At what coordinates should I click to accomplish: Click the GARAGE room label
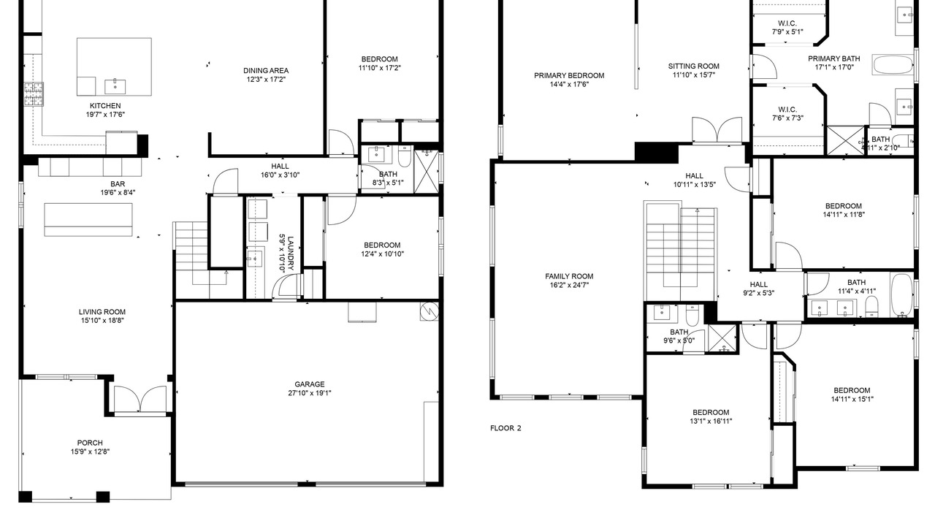point(309,384)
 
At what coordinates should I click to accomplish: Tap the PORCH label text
point(90,443)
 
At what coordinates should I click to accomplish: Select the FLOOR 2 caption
point(505,428)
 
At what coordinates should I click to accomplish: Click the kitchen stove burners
point(34,94)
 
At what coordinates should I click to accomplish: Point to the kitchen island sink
point(115,86)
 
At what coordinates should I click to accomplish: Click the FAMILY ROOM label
point(569,276)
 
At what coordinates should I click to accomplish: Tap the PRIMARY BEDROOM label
point(569,75)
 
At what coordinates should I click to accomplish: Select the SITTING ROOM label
point(693,66)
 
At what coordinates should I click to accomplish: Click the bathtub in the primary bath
point(893,66)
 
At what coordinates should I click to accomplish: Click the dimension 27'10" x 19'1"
point(309,393)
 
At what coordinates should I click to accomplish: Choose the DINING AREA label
point(266,71)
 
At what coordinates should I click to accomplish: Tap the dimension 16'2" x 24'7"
point(569,285)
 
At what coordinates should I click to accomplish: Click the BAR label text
point(118,183)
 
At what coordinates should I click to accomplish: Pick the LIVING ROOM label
point(102,312)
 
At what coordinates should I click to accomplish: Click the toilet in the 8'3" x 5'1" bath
point(405,156)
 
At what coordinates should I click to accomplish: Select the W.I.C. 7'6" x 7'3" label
point(787,113)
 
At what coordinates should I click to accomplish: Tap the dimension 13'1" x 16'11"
point(711,422)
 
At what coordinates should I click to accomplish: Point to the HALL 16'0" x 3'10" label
point(280,170)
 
